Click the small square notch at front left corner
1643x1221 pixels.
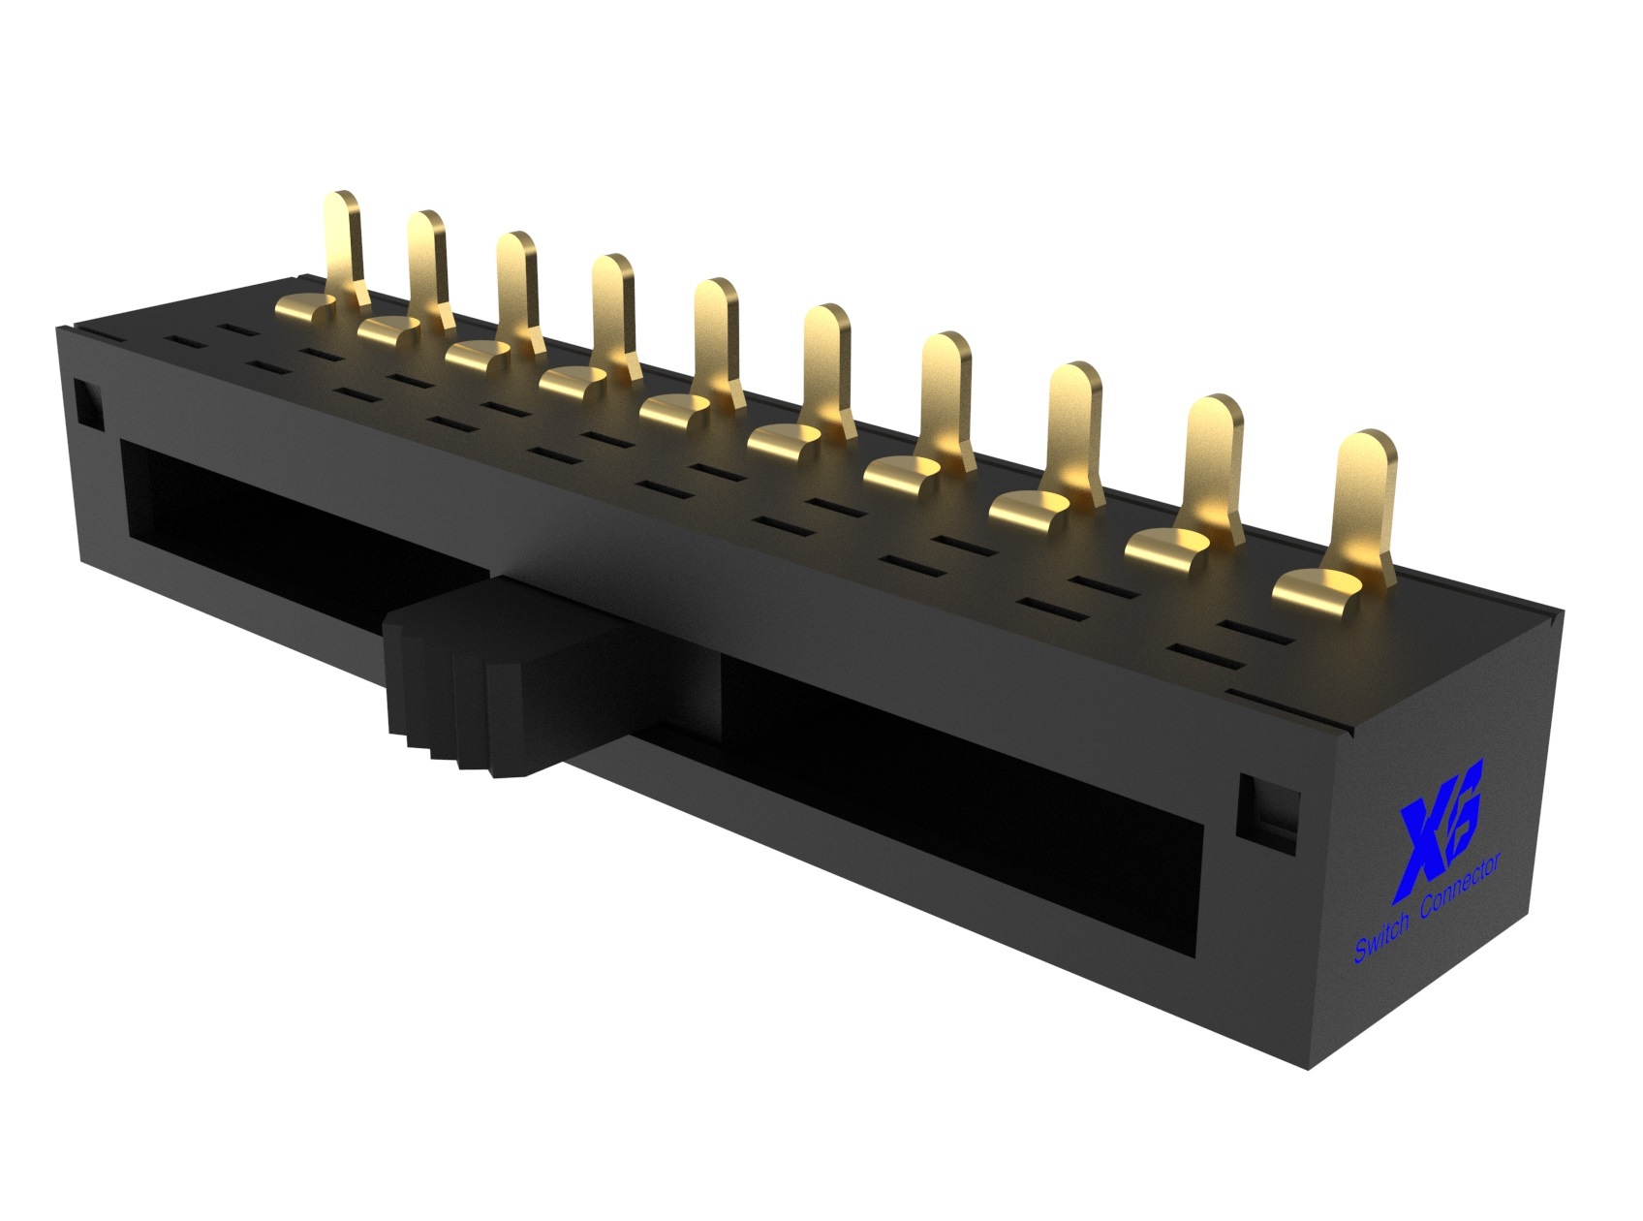coord(87,405)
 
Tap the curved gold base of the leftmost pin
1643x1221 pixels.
coord(310,309)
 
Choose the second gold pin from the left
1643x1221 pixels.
coord(426,262)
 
